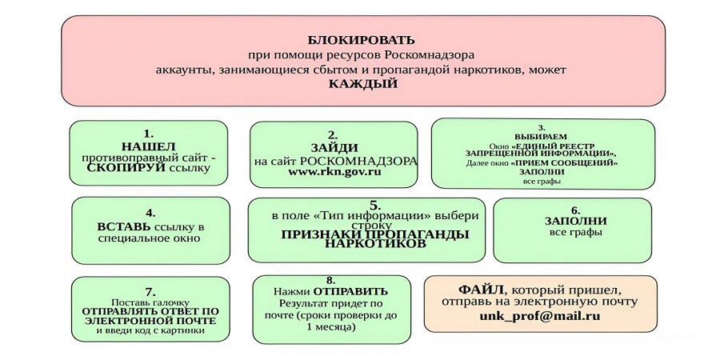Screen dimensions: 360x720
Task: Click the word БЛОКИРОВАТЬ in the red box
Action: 362,39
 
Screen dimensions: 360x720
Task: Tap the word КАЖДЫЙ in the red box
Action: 362,83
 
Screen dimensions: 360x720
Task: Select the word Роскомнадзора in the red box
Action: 430,54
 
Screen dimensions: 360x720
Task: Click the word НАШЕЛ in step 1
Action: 148,146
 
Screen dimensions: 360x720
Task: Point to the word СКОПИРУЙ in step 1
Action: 126,169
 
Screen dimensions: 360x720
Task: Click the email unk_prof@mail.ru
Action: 541,316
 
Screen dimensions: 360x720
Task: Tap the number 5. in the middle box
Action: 374,206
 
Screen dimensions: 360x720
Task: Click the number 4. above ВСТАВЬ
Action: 150,213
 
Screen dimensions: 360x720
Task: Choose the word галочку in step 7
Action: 164,302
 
